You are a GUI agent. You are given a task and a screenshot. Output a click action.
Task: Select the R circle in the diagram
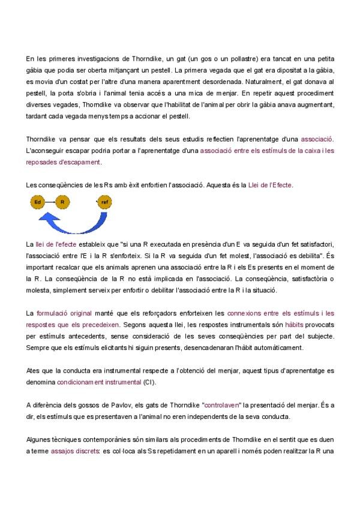(x=62, y=202)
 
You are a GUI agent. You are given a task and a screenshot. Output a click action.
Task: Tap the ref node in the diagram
(x=106, y=202)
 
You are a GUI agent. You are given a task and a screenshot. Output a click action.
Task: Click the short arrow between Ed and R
(x=50, y=202)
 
